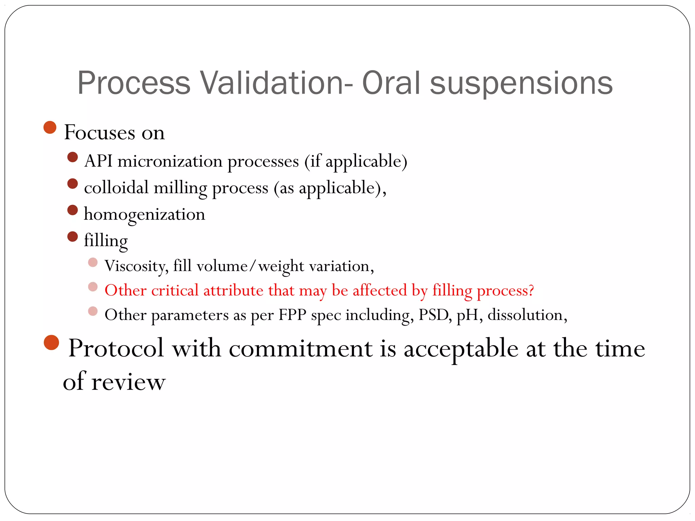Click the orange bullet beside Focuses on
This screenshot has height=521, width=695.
50,128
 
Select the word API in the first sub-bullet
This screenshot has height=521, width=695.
98,161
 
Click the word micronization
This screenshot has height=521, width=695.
170,161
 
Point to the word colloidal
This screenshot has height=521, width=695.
116,188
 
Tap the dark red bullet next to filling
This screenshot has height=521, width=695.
73,236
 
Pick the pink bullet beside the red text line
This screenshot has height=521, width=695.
93,287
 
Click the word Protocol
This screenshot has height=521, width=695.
116,349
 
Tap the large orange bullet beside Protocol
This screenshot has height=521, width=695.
52,343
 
